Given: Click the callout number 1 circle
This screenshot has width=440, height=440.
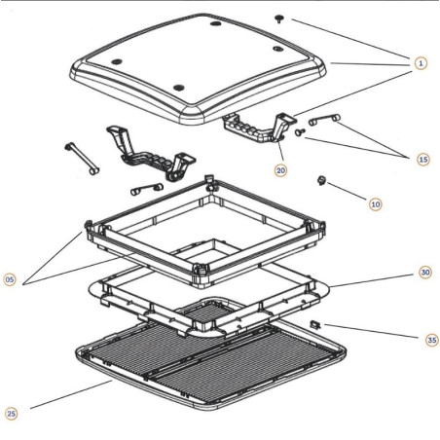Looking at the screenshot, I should [x=420, y=63].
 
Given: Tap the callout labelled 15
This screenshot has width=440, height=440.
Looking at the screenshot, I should [x=422, y=159].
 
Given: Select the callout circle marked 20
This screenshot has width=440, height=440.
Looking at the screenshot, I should [x=281, y=169].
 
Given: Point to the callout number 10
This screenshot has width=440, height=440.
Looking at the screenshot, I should [x=375, y=203].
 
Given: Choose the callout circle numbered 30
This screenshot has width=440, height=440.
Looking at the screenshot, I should [x=424, y=273].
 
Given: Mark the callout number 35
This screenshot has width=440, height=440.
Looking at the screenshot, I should [x=430, y=340].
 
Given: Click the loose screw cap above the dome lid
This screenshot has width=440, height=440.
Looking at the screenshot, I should [x=278, y=18].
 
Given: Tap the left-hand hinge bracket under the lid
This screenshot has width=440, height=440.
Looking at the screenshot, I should [x=147, y=152].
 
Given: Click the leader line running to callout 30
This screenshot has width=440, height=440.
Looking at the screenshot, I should [x=375, y=279].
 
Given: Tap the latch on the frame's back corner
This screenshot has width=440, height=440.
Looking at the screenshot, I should [x=210, y=181].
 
